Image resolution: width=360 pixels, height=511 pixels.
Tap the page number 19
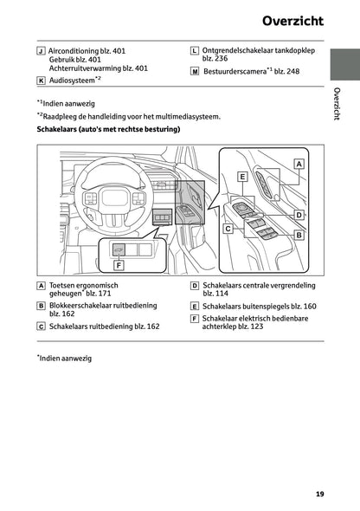pos(319,495)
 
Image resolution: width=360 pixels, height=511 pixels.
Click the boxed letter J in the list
pos(41,51)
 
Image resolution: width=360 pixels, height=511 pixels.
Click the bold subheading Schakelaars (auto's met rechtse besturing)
pos(108,130)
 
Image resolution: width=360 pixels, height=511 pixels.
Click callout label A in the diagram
pos(299,163)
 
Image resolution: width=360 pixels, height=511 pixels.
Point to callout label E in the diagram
pos(243,176)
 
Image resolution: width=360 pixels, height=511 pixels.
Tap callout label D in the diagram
pos(298,214)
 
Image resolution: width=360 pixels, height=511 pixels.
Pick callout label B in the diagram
pos(298,234)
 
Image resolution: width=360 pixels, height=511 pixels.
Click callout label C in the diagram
pos(228,230)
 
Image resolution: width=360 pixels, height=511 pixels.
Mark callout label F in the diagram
pos(119,265)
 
